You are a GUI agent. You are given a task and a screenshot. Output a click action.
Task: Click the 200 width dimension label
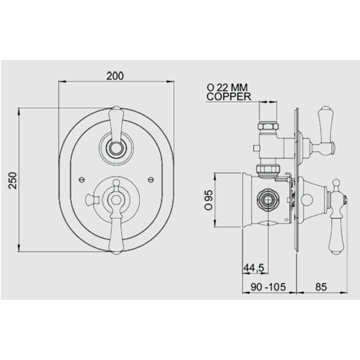(115, 76)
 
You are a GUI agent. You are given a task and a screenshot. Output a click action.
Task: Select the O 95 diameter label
(209, 200)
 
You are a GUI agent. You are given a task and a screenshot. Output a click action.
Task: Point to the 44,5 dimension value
(253, 268)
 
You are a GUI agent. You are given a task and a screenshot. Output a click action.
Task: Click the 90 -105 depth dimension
(268, 287)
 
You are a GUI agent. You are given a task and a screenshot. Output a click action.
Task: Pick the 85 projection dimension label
(321, 287)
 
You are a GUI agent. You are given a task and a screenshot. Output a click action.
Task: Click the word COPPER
(229, 97)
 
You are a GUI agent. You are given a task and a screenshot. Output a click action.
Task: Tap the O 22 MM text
(227, 87)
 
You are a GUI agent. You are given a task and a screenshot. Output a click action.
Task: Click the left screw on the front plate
(82, 180)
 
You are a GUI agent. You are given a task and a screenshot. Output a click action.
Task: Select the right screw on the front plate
(151, 180)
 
